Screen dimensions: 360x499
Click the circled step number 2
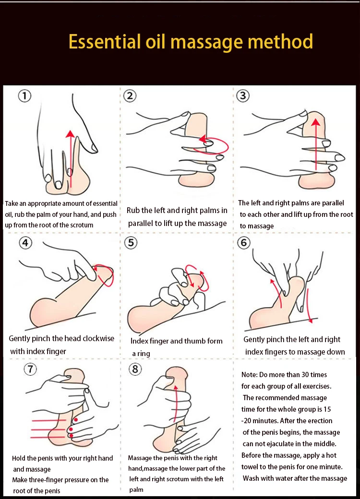[x=130, y=95]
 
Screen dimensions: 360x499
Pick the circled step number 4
[x=25, y=243]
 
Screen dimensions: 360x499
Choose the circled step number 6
[x=244, y=243]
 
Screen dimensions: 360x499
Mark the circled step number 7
[x=30, y=369]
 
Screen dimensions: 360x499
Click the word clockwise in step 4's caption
[x=94, y=339]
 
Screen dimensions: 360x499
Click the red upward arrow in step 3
[x=315, y=144]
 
